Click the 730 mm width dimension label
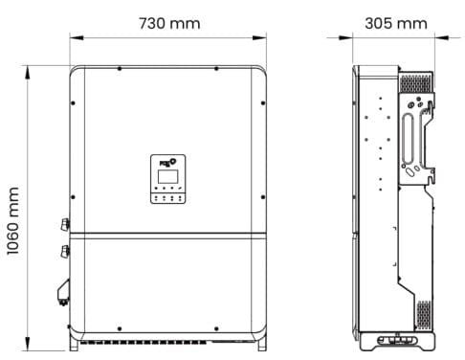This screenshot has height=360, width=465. tap(169, 23)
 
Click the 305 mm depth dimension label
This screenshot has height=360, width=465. tap(396, 23)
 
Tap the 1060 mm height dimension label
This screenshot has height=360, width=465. tap(13, 221)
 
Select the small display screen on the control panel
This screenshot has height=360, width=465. tap(167, 176)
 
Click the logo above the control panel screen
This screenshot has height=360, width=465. tap(167, 162)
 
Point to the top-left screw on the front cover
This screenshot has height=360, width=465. tap(120, 69)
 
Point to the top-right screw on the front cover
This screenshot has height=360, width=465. tap(216, 69)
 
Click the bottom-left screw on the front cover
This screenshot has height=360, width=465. tap(120, 328)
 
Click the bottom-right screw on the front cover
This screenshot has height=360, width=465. tap(216, 328)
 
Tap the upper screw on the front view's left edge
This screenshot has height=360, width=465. tap(73, 103)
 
